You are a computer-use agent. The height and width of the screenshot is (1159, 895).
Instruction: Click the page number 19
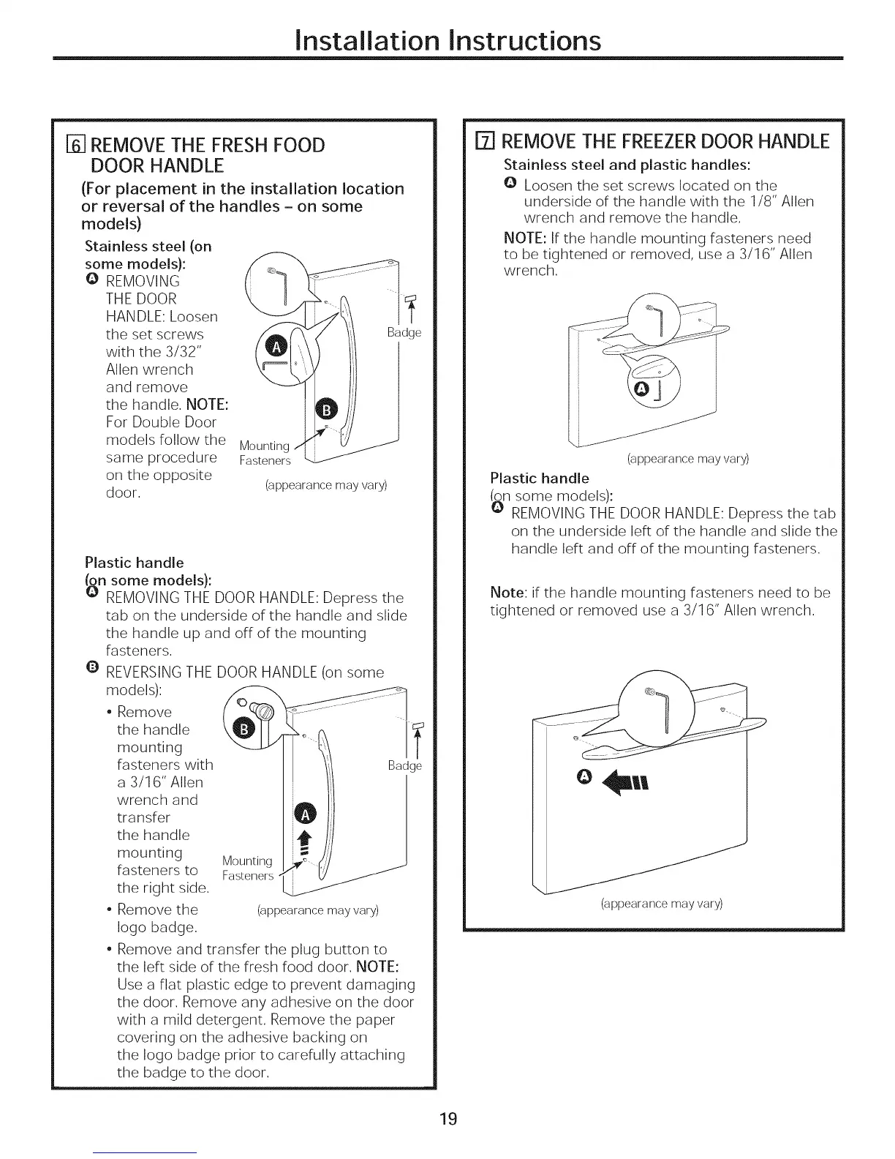tap(447, 1119)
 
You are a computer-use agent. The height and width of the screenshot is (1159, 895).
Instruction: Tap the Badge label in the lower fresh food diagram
tap(404, 766)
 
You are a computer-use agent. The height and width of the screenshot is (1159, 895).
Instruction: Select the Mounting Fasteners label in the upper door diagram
tap(265, 453)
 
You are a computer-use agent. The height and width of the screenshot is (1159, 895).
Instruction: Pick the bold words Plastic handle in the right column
tap(539, 479)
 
